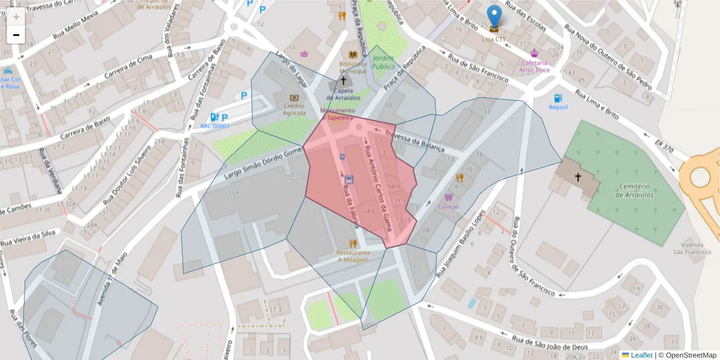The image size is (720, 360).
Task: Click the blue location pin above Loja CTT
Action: [494, 16]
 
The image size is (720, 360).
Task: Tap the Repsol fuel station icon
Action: [558, 98]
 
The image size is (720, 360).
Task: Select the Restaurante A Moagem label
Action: [353, 256]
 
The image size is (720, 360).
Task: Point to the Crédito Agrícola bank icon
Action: [294, 97]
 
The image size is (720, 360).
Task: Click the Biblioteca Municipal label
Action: [352, 67]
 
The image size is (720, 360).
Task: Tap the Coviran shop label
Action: [448, 206]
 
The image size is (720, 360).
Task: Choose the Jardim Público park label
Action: [383, 62]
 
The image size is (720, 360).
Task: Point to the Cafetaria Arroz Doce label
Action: [535, 66]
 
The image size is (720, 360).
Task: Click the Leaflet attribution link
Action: [641, 355]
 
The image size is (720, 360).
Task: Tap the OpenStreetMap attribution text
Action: [687, 355]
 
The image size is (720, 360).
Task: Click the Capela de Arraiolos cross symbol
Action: [344, 80]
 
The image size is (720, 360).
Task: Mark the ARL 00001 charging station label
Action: [215, 126]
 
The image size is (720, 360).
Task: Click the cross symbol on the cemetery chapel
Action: [578, 177]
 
